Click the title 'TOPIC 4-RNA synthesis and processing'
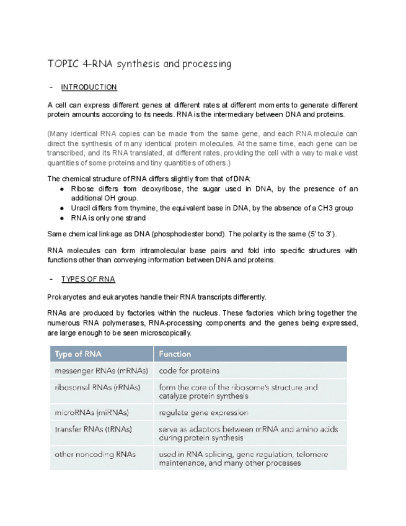point(139,64)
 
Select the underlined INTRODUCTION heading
point(89,87)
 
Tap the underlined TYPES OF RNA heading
point(88,279)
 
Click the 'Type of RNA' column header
point(78,354)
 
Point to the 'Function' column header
point(175,354)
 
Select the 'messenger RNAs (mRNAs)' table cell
point(102,371)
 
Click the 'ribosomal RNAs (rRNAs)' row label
point(97,387)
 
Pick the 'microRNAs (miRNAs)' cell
point(92,412)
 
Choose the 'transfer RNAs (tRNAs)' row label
point(93,429)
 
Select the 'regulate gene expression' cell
point(203,412)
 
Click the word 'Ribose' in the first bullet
point(82,189)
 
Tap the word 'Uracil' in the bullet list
point(81,208)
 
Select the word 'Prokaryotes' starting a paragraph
point(66,296)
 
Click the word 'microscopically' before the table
point(168,333)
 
